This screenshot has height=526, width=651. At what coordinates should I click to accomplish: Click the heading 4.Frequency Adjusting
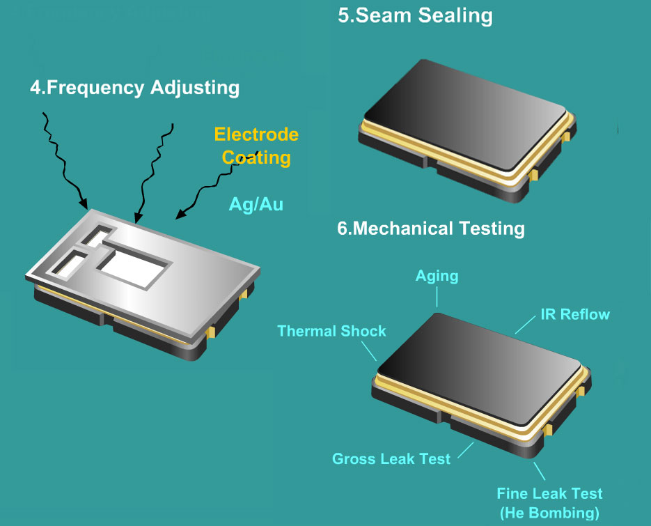[134, 88]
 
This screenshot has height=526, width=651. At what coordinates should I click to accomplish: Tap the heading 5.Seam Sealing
[415, 16]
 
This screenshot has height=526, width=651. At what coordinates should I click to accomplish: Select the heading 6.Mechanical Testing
[431, 229]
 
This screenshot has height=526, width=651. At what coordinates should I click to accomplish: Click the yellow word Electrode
[256, 134]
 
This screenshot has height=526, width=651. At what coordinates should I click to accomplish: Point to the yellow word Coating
[256, 158]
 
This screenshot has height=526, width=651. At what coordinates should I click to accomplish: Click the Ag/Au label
[256, 204]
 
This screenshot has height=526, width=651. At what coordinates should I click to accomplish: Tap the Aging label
[437, 277]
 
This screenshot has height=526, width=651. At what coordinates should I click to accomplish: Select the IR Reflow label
[575, 314]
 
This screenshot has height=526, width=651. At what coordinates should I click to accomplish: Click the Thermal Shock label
[331, 331]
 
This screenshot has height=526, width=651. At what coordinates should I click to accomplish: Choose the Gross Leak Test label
[391, 458]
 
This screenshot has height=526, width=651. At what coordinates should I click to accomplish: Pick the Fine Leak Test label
[549, 493]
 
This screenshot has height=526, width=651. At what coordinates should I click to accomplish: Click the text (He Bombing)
[549, 513]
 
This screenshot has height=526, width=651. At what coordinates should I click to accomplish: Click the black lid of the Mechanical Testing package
[480, 369]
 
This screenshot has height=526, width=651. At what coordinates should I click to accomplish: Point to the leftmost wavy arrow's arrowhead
[84, 203]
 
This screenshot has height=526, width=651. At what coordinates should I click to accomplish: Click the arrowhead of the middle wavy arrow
[138, 217]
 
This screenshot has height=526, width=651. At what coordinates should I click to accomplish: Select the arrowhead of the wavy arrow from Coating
[180, 215]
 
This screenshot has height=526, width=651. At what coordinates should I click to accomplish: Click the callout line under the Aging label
[437, 297]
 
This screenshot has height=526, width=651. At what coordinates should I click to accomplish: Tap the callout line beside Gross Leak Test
[466, 451]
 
